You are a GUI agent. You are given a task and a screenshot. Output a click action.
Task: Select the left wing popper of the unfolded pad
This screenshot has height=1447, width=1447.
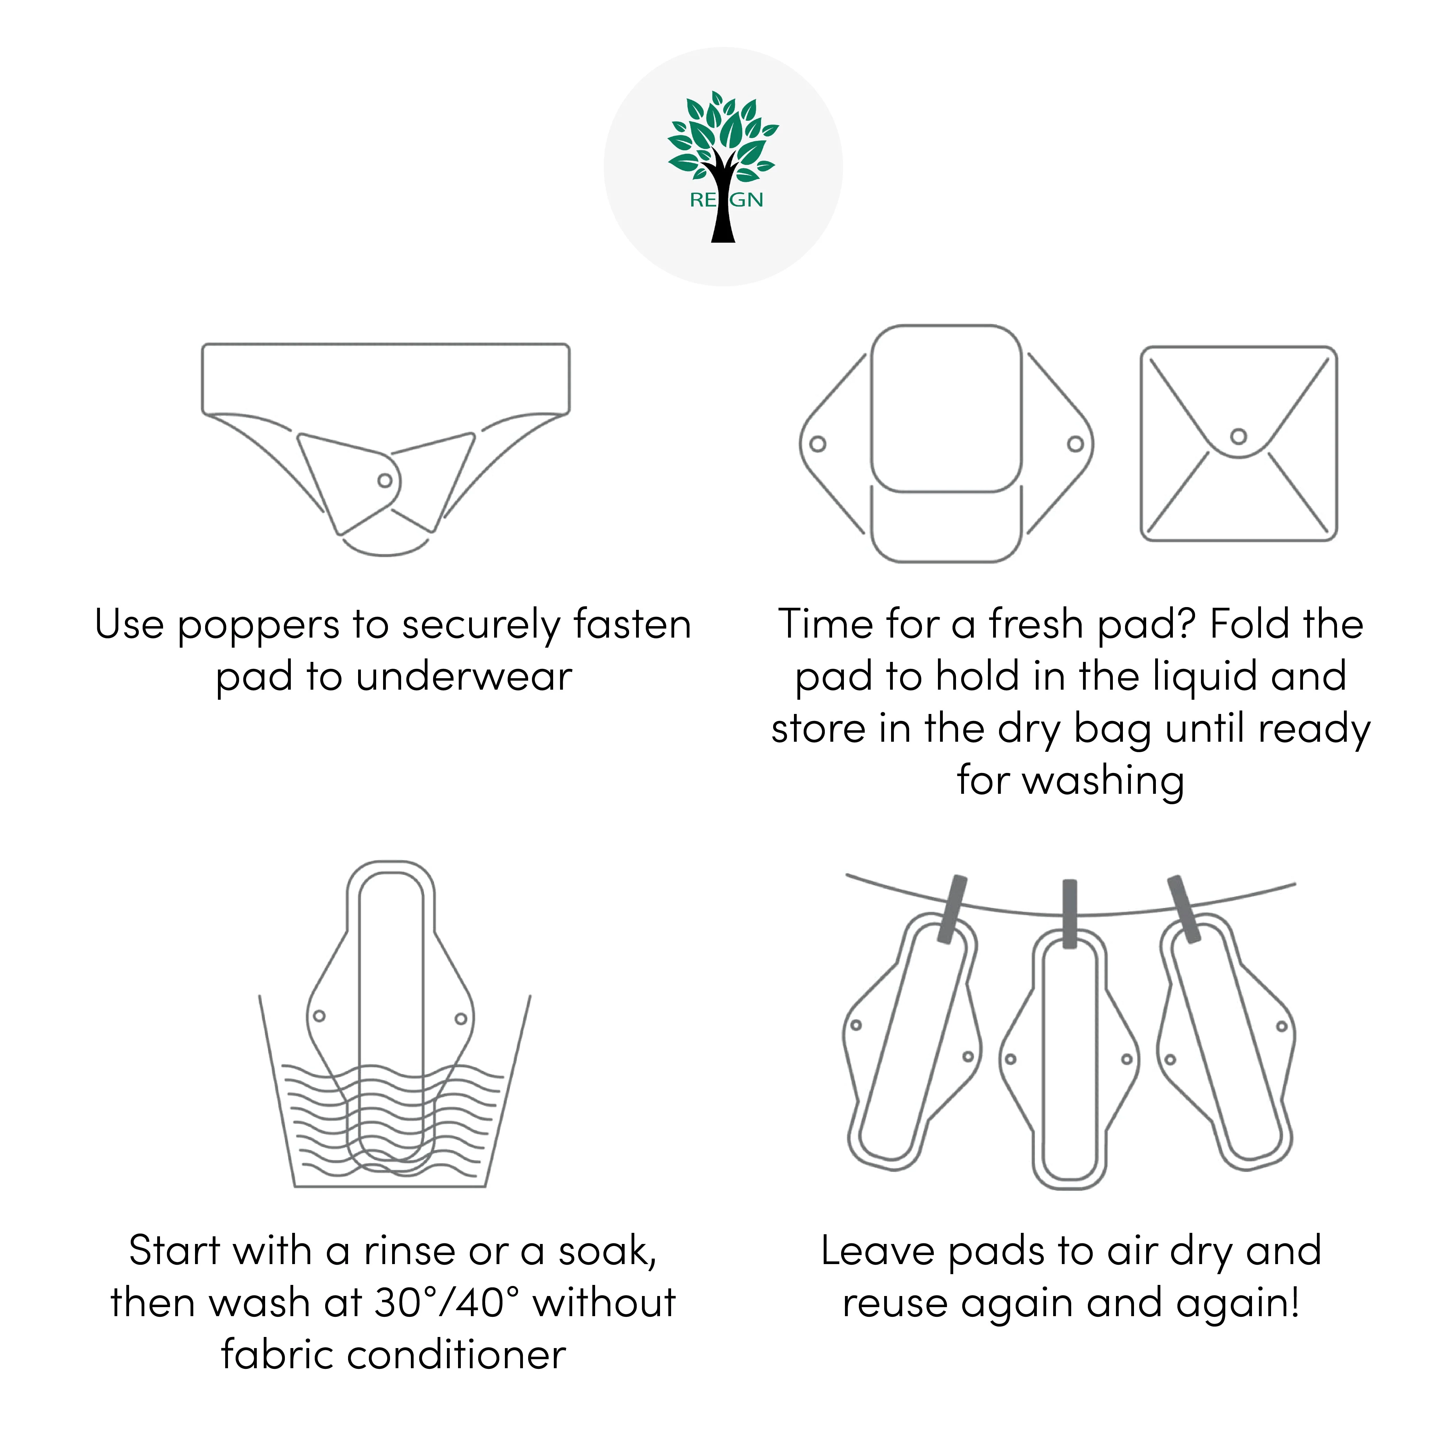point(818,444)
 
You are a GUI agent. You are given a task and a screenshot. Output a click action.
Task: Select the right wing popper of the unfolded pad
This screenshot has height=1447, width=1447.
point(1075,444)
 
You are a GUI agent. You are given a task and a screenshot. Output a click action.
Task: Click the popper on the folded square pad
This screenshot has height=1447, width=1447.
point(1239,436)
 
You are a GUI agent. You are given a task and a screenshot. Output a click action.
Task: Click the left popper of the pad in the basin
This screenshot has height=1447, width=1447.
point(319,1016)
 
